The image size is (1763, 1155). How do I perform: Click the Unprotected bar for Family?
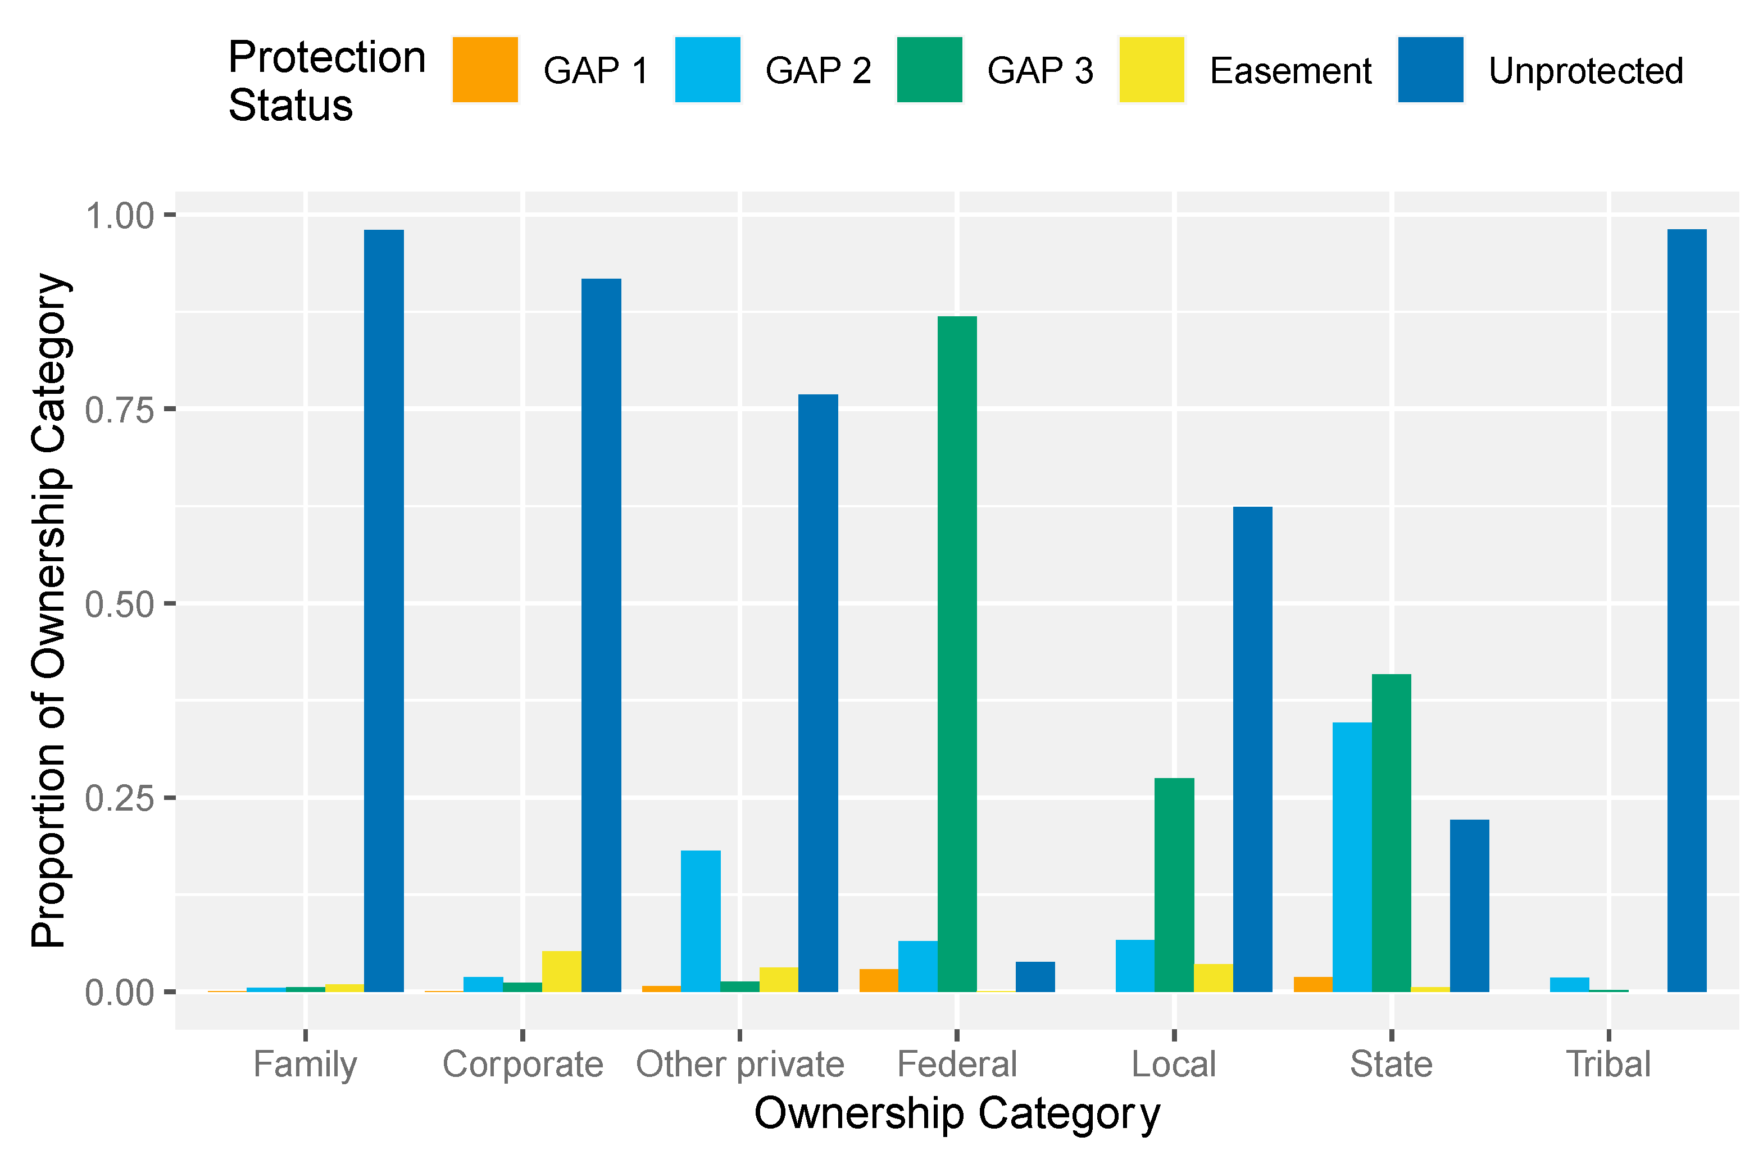pos(384,611)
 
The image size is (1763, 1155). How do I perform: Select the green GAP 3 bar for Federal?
pos(957,653)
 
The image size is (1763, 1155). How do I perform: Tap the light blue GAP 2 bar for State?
pos(1352,857)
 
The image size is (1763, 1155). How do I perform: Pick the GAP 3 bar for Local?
pos(1174,885)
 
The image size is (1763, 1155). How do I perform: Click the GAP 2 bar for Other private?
pos(701,921)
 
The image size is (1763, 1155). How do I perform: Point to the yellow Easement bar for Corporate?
pos(561,971)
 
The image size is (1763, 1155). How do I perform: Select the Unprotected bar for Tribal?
pos(1687,611)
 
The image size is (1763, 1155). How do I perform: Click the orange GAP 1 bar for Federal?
pos(879,980)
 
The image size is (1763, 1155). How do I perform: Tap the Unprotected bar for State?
pos(1469,906)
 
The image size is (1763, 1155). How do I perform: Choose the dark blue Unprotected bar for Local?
pos(1253,749)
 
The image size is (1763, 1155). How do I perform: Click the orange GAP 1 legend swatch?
pos(485,70)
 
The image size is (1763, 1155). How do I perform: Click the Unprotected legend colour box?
pos(1430,70)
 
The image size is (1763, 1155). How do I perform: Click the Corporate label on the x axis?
pos(522,1065)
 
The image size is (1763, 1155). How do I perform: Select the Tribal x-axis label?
pos(1608,1065)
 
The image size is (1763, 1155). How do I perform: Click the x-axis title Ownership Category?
pos(956,1113)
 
